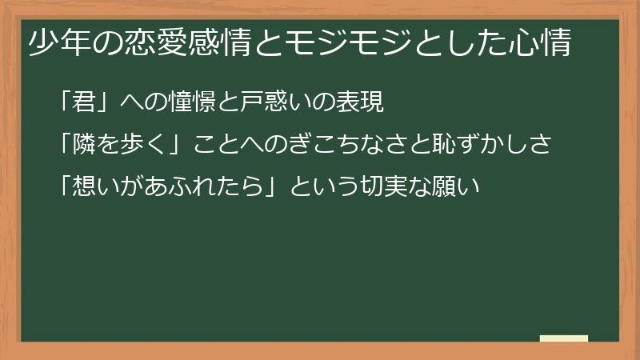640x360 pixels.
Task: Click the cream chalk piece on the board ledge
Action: (x=564, y=339)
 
